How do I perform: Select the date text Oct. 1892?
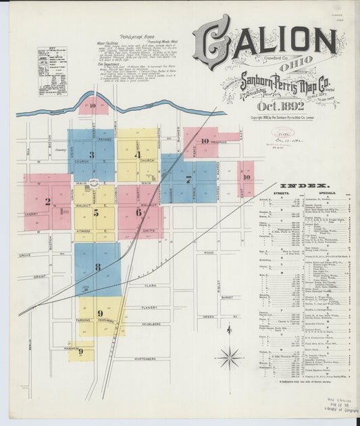[265, 106]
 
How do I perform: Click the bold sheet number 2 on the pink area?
[47, 201]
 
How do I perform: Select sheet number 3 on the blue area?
[91, 154]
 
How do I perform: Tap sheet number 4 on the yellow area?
[137, 155]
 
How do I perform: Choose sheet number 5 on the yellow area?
[96, 213]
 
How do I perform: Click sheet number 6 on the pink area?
[138, 212]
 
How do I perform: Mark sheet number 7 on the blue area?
[188, 179]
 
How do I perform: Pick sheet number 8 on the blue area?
[97, 267]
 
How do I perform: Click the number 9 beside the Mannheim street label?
[80, 351]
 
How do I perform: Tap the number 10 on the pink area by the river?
[91, 105]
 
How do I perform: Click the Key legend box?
[52, 61]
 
